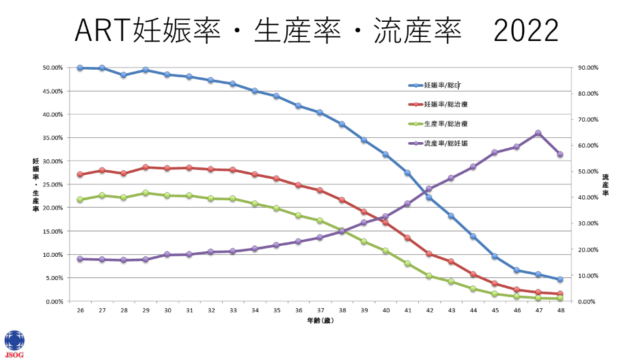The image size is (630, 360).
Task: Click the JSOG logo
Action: (14, 343)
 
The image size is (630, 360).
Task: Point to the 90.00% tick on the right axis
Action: (588, 68)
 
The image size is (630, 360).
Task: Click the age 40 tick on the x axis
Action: (385, 310)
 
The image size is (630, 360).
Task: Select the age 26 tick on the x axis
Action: (80, 310)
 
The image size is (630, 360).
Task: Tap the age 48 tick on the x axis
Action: (560, 310)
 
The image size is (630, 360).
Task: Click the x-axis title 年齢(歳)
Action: (320, 320)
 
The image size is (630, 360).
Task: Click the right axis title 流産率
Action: (605, 185)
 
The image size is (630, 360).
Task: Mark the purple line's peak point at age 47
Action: (538, 133)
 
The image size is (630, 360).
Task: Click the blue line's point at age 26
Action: (80, 68)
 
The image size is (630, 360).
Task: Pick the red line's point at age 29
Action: (146, 167)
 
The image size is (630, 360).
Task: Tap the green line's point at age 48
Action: (560, 299)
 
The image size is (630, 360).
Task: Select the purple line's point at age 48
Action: (560, 154)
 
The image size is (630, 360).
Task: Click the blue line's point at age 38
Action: (342, 124)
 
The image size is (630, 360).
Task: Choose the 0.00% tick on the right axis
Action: (588, 301)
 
